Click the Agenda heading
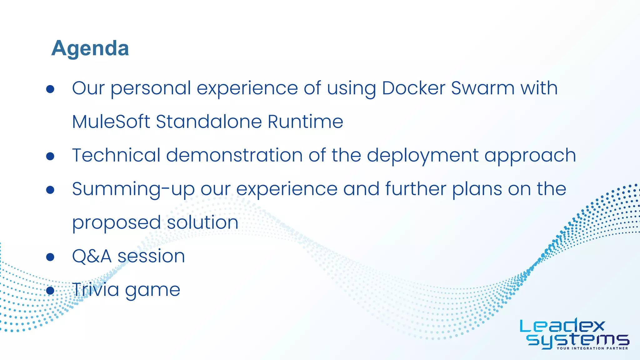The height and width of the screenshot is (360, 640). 90,48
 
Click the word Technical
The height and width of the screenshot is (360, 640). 116,155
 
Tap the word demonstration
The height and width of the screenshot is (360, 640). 234,155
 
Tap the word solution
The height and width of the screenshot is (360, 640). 202,222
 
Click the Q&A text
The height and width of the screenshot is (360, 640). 92,256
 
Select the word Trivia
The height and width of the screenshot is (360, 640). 96,289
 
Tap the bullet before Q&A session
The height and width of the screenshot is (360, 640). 50,257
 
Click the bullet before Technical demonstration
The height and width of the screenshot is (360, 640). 50,156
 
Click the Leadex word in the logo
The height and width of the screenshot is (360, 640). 562,327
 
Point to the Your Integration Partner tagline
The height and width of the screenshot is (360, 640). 592,348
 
